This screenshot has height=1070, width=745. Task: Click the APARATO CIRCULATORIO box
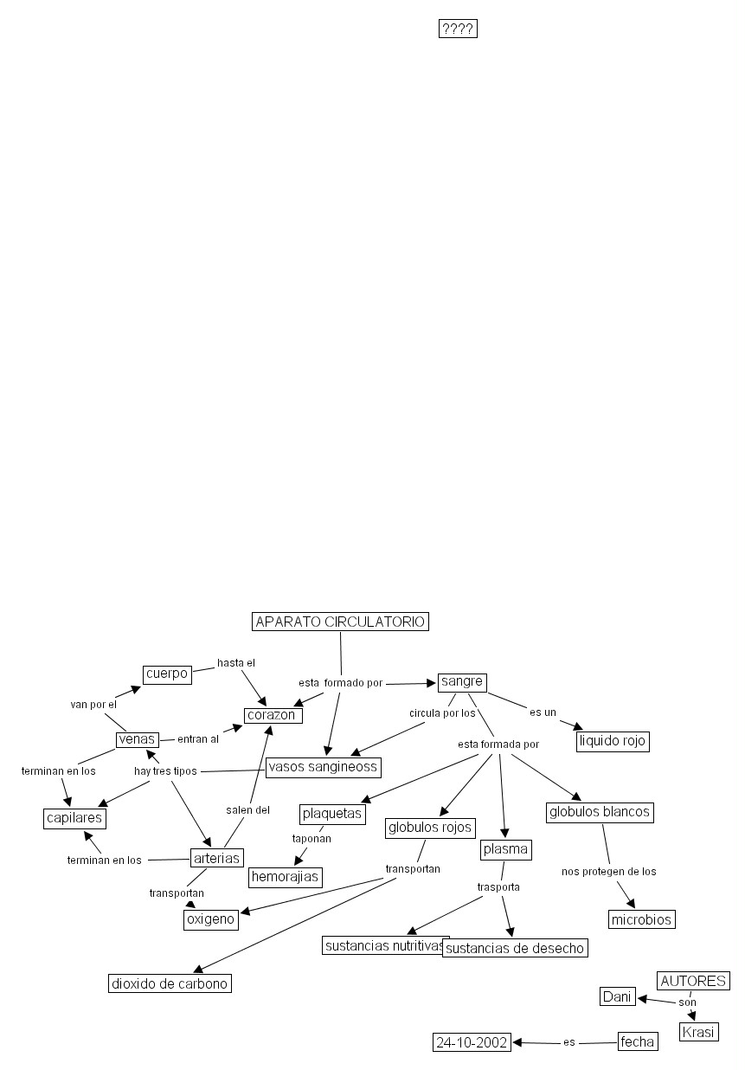pyautogui.click(x=340, y=622)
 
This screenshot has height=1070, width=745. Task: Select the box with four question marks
pyautogui.click(x=458, y=29)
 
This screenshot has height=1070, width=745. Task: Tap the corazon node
pyautogui.click(x=273, y=715)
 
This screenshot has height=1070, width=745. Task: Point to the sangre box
pyautogui.click(x=462, y=681)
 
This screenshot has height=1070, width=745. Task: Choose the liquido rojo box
pyautogui.click(x=612, y=741)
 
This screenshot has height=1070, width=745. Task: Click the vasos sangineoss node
pyautogui.click(x=323, y=767)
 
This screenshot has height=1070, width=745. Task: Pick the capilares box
pyautogui.click(x=74, y=818)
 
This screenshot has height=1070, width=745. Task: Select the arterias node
pyautogui.click(x=216, y=858)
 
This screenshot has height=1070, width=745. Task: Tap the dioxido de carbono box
pyautogui.click(x=170, y=983)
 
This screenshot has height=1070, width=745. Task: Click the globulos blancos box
pyautogui.click(x=600, y=812)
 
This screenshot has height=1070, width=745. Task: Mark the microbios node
pyautogui.click(x=641, y=919)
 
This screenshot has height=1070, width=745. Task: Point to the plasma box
pyautogui.click(x=505, y=849)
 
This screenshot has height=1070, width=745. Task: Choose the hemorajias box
pyautogui.click(x=286, y=877)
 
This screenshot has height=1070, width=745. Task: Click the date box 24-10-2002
pyautogui.click(x=472, y=1042)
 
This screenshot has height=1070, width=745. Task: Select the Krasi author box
pyautogui.click(x=699, y=1033)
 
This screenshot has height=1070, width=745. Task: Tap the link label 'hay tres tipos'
pyautogui.click(x=165, y=771)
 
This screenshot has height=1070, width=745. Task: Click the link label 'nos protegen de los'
pyautogui.click(x=609, y=872)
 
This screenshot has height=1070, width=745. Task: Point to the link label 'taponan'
pyautogui.click(x=311, y=838)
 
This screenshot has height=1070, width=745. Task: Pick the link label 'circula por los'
pyautogui.click(x=442, y=713)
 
